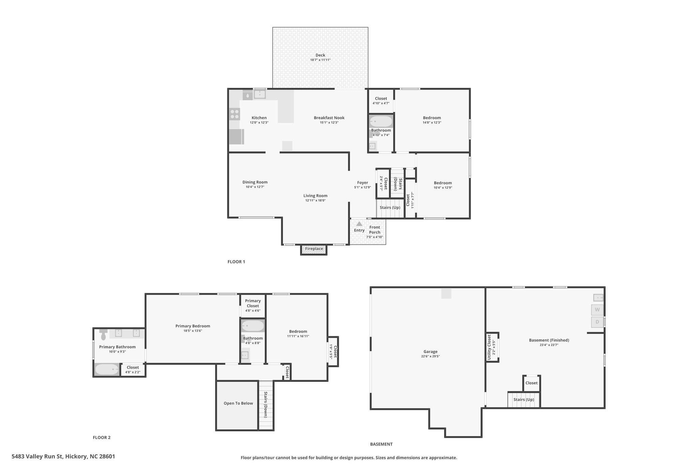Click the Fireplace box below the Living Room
[314, 249]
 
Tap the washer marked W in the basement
[597, 310]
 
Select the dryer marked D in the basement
[597, 322]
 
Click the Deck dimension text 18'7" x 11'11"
[320, 60]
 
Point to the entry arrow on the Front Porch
[359, 224]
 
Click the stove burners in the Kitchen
[234, 114]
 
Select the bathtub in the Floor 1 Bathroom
[381, 122]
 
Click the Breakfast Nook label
[329, 118]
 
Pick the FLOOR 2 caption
[102, 438]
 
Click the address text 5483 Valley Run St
[37, 456]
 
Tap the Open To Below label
[238, 403]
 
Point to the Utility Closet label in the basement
[489, 347]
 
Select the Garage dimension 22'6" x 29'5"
[430, 356]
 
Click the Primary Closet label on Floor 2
[253, 303]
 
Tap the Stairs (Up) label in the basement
[524, 400]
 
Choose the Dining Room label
[255, 182]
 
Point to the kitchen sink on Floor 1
[260, 94]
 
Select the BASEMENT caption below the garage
[381, 444]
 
